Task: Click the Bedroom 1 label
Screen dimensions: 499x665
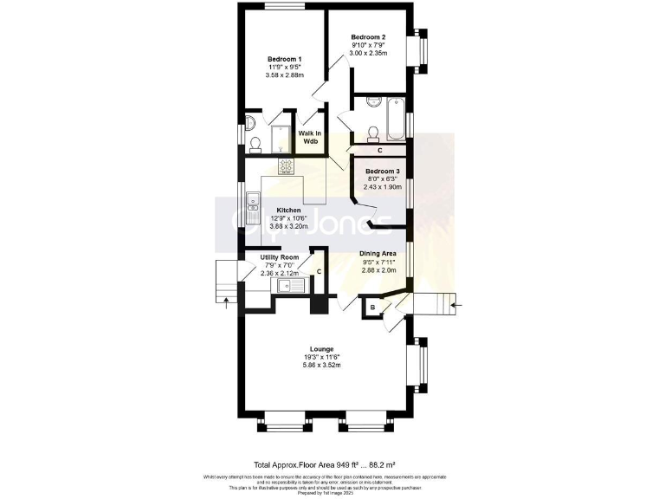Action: coord(281,58)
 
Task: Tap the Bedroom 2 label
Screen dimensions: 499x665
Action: coord(367,37)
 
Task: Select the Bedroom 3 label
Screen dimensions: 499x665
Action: coord(381,172)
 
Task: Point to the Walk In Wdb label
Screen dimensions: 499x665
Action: coord(310,137)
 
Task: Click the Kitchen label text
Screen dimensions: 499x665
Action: coord(288,211)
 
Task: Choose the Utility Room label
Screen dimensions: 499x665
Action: coord(280,257)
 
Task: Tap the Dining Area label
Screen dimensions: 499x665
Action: coord(378,254)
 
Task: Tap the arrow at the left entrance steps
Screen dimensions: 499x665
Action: coord(228,301)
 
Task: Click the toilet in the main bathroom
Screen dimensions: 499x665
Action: coord(374,133)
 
